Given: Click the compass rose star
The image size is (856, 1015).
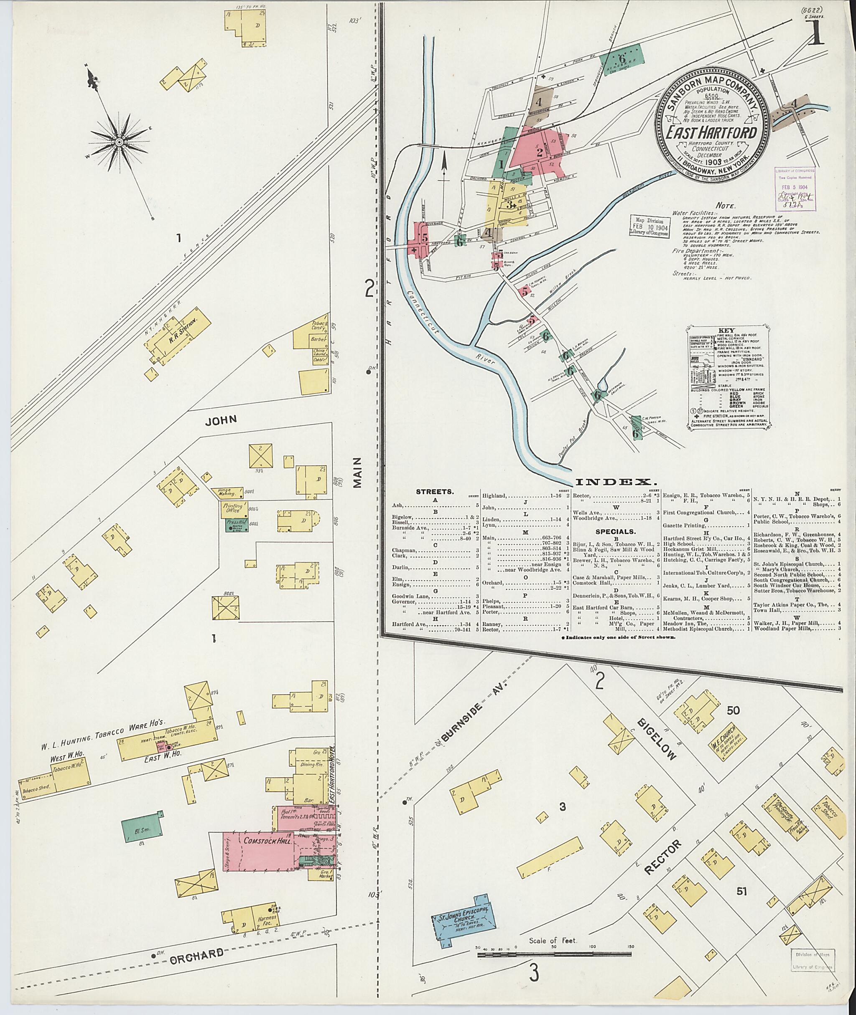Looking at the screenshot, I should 118,142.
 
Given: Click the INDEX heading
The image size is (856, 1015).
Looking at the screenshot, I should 616,482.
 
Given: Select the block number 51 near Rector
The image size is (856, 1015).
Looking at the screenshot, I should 741,891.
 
